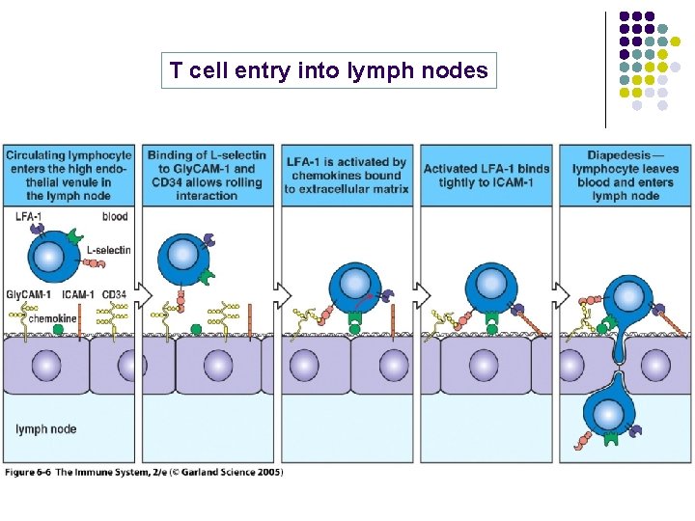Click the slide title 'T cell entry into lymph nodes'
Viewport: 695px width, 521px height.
(328, 70)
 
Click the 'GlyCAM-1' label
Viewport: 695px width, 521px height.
(27, 293)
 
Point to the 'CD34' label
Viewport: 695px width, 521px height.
(114, 293)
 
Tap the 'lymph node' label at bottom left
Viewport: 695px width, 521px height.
(45, 428)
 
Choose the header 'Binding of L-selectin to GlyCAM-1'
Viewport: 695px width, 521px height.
(208, 175)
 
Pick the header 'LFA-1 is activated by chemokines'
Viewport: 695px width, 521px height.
(347, 175)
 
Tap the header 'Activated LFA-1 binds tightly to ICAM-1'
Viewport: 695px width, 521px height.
(486, 175)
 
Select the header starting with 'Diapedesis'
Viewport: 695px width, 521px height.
(625, 175)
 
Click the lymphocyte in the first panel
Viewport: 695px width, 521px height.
(55, 256)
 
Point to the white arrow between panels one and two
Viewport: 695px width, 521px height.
(141, 291)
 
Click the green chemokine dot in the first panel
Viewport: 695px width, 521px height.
(58, 329)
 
